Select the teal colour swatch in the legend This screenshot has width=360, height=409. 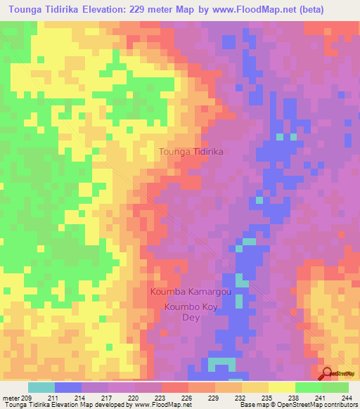tap(41, 387)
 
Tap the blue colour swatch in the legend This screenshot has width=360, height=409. tap(68, 387)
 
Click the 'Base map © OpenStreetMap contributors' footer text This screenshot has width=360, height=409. tap(297, 405)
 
